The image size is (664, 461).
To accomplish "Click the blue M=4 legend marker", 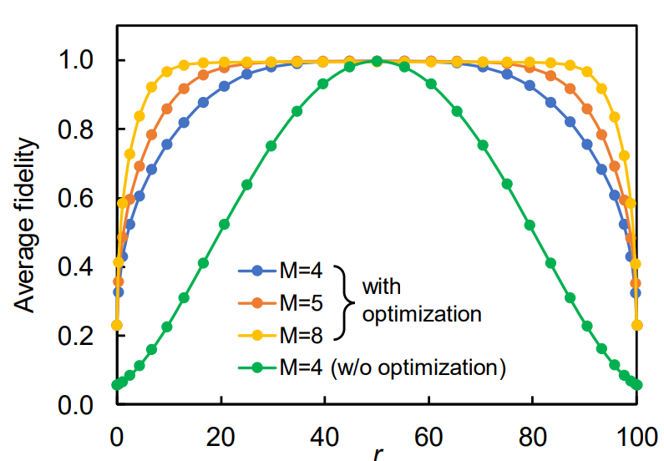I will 258,271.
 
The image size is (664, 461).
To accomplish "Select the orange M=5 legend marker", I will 258,302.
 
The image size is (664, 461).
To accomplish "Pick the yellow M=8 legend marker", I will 258,334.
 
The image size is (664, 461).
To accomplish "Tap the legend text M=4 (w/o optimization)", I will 393,367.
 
